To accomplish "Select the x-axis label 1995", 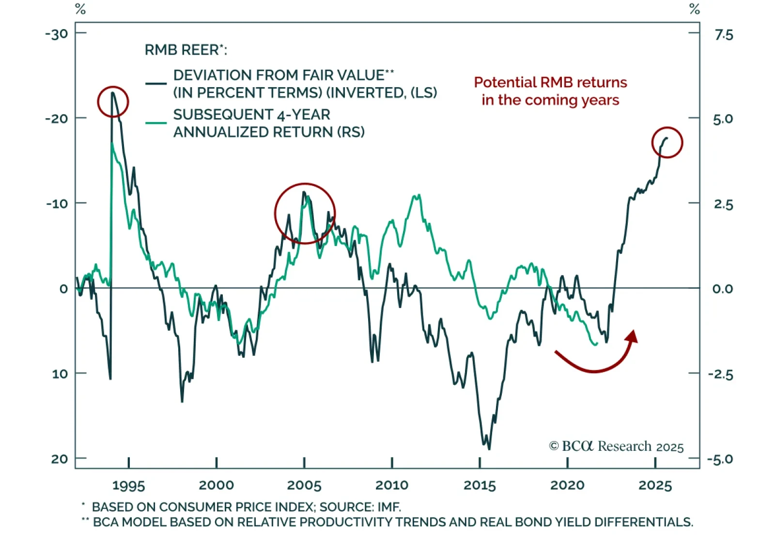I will [128, 485].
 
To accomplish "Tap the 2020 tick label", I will [567, 485].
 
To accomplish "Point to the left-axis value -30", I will [57, 34].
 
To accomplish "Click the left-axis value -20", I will [57, 119].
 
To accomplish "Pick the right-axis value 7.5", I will [724, 35].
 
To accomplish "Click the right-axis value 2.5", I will [723, 204].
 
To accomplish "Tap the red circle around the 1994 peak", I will [113, 102].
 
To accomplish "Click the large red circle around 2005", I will [305, 214].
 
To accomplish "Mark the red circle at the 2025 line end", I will [667, 142].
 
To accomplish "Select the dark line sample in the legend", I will [156, 84].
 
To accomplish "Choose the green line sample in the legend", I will [156, 123].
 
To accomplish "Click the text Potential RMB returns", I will [550, 83].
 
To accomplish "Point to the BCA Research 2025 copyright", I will [616, 446].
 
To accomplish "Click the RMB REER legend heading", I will [186, 50].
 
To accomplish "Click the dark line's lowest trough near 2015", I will [489, 448].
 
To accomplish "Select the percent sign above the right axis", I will [695, 9].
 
